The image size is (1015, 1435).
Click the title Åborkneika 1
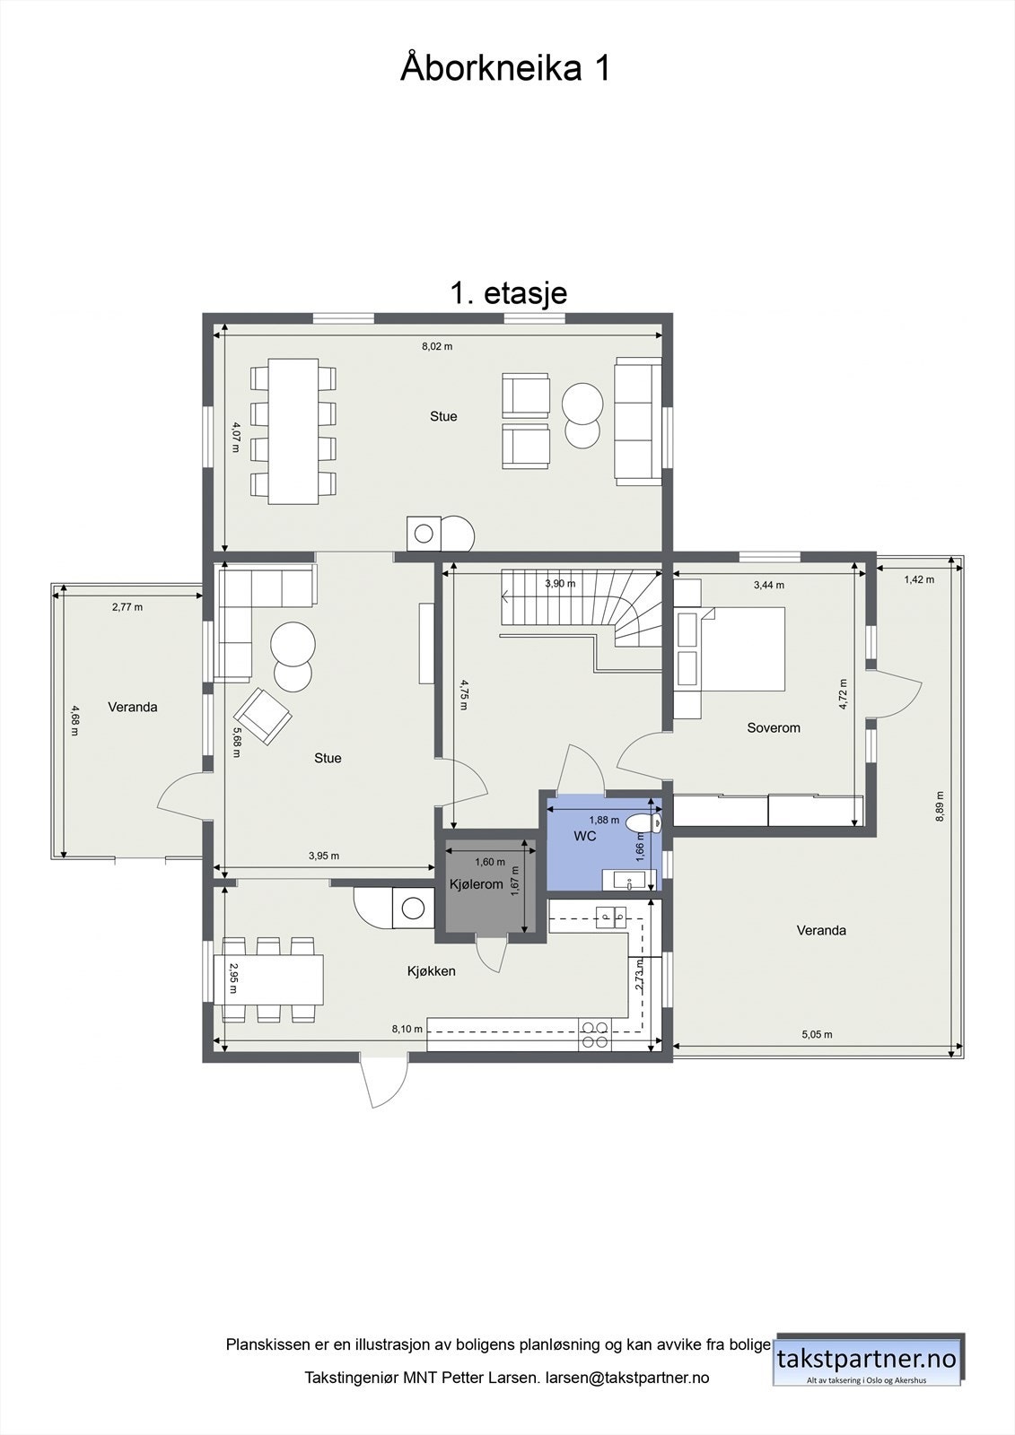coord(505,69)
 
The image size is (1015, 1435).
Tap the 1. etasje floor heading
coord(508,293)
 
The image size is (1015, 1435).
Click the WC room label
coord(585,836)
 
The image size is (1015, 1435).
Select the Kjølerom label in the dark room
coord(476,884)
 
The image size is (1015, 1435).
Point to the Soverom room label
coord(773,727)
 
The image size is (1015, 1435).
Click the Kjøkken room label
coord(431,970)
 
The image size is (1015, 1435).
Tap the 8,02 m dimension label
coord(437,346)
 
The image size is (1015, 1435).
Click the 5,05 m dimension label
coord(816,1034)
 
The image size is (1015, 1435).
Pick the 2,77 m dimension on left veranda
coord(127,607)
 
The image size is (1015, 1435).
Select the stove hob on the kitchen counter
coord(592,1034)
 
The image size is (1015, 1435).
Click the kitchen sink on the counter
coord(614,917)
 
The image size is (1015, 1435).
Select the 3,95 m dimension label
coord(323,856)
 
